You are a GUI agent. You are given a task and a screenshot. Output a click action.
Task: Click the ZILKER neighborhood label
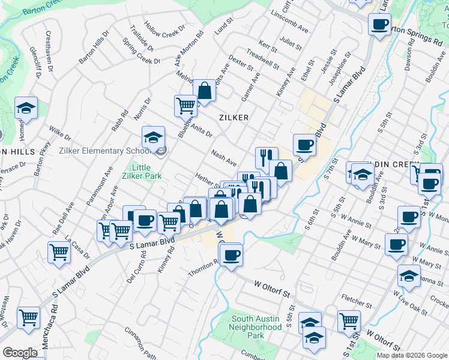click(x=234, y=118)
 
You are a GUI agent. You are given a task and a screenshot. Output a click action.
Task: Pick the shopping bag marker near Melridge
click(x=204, y=91)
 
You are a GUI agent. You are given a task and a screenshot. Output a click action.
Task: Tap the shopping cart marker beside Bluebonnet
click(x=185, y=106)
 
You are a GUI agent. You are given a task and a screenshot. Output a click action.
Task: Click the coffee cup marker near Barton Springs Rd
click(x=379, y=25)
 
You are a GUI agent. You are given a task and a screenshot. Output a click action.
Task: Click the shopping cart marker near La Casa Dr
click(x=59, y=253)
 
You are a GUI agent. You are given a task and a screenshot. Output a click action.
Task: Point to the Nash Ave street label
click(x=224, y=158)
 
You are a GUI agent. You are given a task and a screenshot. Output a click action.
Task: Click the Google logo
click(x=20, y=353)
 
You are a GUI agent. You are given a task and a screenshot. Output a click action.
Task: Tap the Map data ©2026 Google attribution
click(x=411, y=355)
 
